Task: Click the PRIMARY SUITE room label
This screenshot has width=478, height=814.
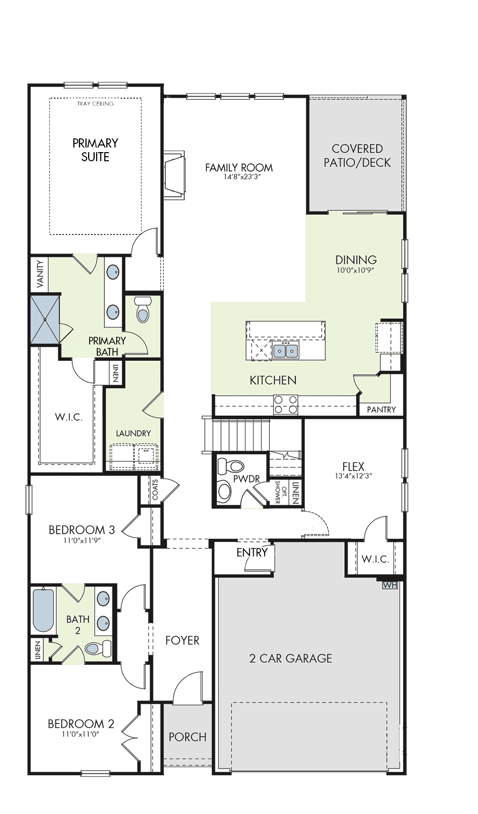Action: point(95,150)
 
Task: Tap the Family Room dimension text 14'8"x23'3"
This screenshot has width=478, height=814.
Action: point(239,177)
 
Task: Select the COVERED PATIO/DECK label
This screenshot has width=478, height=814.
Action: point(357,156)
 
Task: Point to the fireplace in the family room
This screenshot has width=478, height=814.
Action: point(175,175)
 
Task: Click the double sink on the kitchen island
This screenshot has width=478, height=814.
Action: point(286,351)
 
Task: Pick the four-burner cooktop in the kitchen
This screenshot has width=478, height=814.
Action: point(286,404)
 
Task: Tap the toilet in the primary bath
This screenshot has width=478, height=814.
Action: point(143,309)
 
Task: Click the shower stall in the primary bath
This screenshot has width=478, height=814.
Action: point(45,319)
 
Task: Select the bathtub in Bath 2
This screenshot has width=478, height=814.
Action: point(44,610)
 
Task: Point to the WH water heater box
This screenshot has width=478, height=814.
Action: point(389,585)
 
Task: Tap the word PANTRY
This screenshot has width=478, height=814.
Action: point(381,410)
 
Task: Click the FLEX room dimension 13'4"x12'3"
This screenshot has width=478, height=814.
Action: point(353,476)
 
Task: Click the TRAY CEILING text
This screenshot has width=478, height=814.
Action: point(95,104)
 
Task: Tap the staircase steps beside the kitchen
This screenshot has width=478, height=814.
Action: point(236,435)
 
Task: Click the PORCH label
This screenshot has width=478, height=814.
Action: point(187,737)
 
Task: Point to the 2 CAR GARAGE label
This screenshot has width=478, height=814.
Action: point(291,658)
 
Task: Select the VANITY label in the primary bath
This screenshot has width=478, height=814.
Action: point(40,274)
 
